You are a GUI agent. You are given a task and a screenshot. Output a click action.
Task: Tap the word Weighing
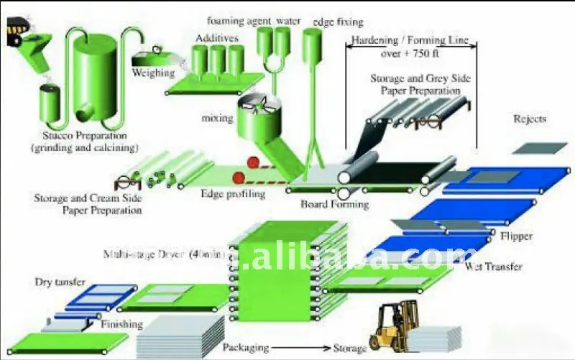pos(153,73)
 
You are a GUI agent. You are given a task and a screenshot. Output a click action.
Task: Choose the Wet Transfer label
pos(494,267)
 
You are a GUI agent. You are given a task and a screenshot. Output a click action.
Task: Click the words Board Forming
pos(335,204)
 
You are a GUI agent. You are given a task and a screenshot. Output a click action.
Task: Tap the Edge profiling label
pos(234,193)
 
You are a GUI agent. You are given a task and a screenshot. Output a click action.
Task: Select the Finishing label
pos(121,325)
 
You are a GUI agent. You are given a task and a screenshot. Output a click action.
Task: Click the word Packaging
pos(246,348)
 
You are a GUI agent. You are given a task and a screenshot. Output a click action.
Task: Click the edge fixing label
pos(338,22)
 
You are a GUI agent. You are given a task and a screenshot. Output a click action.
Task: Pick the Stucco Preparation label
pos(85,134)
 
